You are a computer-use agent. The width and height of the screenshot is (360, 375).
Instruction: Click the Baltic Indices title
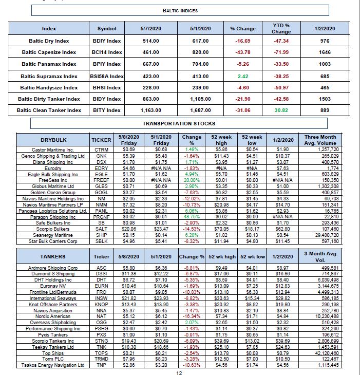pos(180,10)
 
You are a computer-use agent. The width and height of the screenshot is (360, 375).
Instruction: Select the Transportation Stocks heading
pos(179,123)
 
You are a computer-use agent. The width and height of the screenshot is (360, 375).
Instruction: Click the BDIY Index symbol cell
pos(106,41)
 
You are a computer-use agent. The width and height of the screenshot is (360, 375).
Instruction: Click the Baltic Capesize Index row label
pos(49,52)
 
